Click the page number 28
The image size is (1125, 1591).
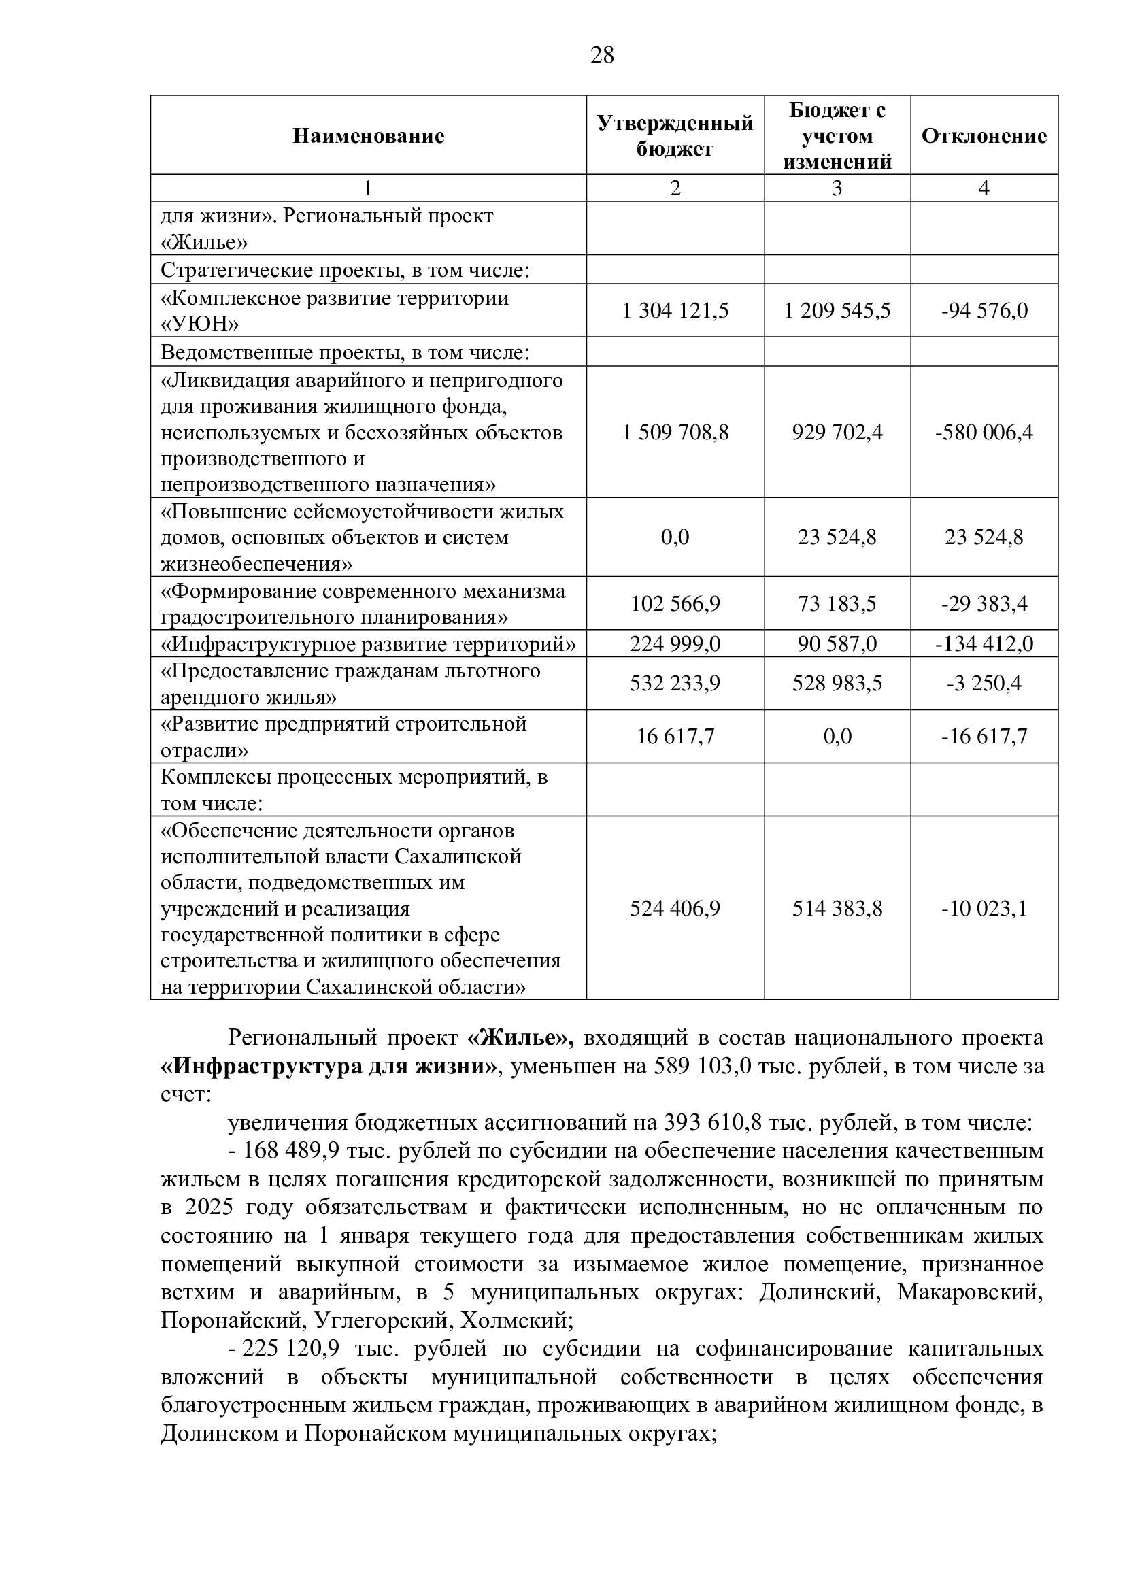click(x=602, y=54)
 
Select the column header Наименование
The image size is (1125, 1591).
click(x=368, y=136)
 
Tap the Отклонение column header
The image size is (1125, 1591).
click(x=984, y=136)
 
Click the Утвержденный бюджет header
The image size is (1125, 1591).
click(x=675, y=136)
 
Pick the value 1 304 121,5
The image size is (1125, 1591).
click(x=675, y=310)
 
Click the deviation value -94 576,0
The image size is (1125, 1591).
click(x=984, y=310)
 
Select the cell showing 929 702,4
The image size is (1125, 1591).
click(x=837, y=433)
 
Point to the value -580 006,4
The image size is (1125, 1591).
click(x=984, y=433)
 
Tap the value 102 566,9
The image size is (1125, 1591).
click(x=675, y=603)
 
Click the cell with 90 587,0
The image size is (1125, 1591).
click(x=837, y=644)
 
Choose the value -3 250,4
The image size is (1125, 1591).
click(x=984, y=684)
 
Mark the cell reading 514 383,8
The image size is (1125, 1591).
click(x=837, y=908)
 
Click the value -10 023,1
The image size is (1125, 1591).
click(x=984, y=908)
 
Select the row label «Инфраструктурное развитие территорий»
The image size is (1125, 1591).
click(x=368, y=644)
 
